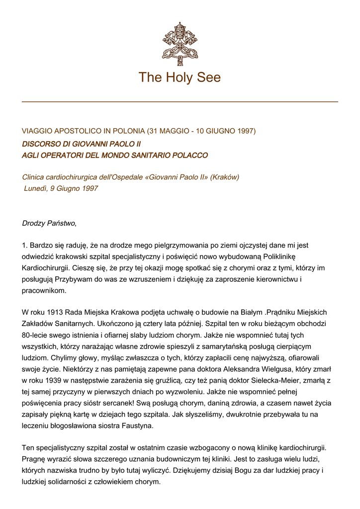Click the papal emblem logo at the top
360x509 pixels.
click(180, 44)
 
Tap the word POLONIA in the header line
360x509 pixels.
click(126, 131)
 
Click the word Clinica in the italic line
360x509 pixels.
click(35, 177)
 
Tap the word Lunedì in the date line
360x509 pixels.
click(36, 189)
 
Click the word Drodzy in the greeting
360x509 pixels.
click(34, 223)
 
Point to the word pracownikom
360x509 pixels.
click(44, 291)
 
